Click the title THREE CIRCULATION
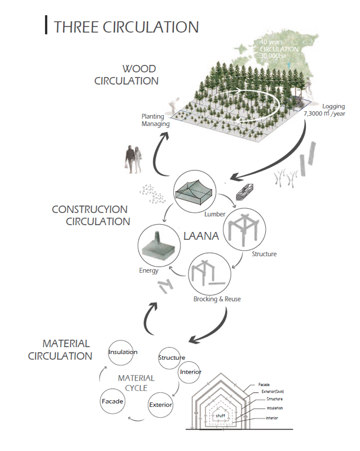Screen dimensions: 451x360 click(125, 27)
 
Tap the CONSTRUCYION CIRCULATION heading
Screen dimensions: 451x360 click(91, 215)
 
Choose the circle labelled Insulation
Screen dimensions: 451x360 click(123, 353)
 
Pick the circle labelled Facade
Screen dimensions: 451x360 click(112, 401)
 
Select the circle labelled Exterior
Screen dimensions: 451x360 click(160, 405)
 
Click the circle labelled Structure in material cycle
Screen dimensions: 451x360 click(172, 358)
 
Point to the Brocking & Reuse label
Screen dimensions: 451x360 click(217, 299)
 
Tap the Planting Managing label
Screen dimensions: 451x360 click(152, 120)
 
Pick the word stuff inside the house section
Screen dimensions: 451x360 click(220, 416)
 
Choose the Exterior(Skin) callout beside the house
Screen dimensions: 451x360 click(278, 391)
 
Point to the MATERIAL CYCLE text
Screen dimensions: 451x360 click(132, 383)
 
